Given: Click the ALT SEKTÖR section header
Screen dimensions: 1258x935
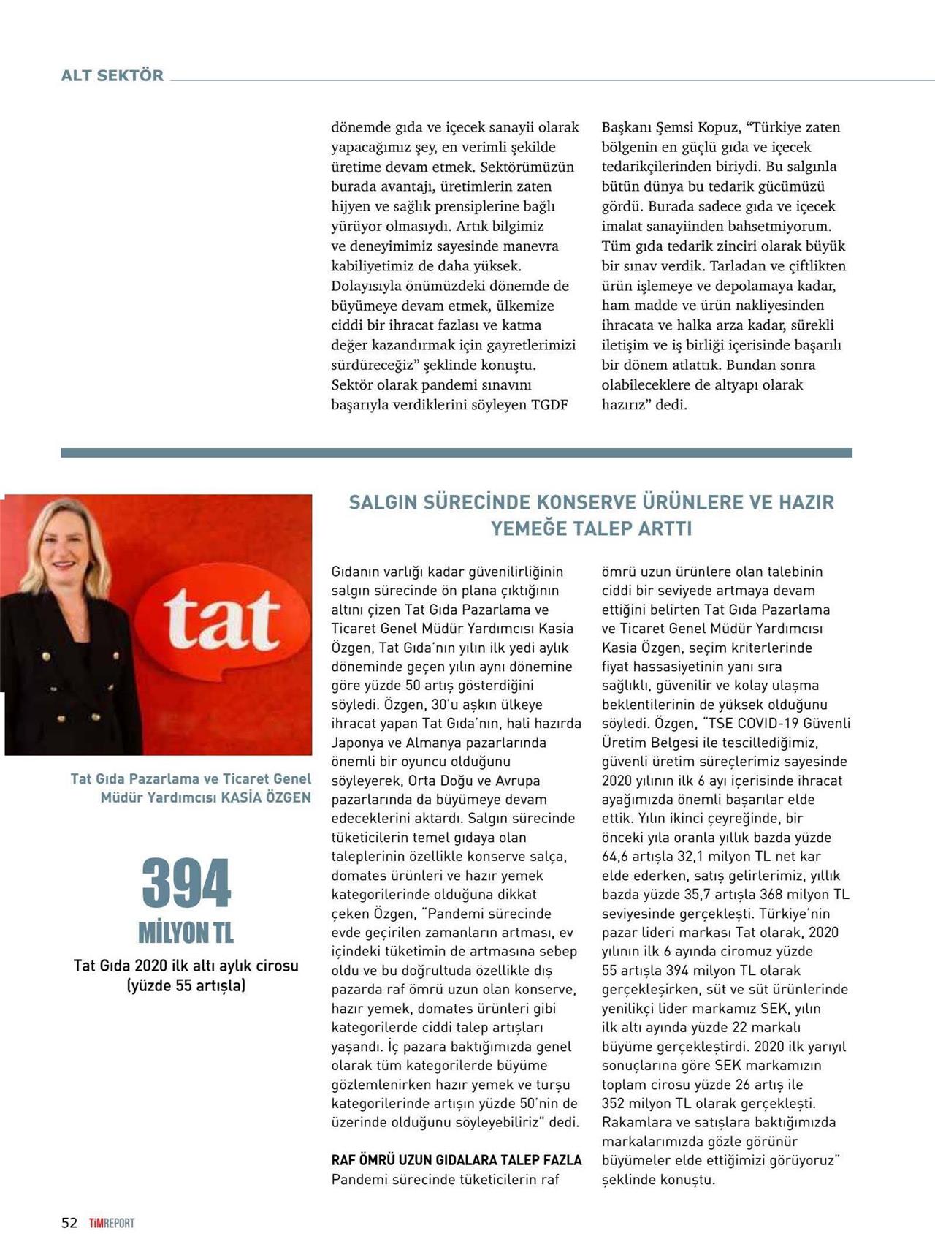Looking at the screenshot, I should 112,75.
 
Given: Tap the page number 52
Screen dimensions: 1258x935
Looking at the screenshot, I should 69,1223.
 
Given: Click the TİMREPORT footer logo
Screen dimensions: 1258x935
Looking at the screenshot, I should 112,1223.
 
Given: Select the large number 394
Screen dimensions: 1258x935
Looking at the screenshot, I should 186,884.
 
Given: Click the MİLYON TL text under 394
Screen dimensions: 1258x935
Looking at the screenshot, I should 186,933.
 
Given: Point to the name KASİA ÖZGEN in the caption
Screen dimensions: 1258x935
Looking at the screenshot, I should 266,797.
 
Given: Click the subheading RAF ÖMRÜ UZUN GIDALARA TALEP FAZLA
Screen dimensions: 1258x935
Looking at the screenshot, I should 457,1160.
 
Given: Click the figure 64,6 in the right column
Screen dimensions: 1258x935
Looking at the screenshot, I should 616,856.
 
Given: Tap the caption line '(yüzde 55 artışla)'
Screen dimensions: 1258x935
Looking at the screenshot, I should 186,985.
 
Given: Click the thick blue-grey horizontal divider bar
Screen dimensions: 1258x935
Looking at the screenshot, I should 457,453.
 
